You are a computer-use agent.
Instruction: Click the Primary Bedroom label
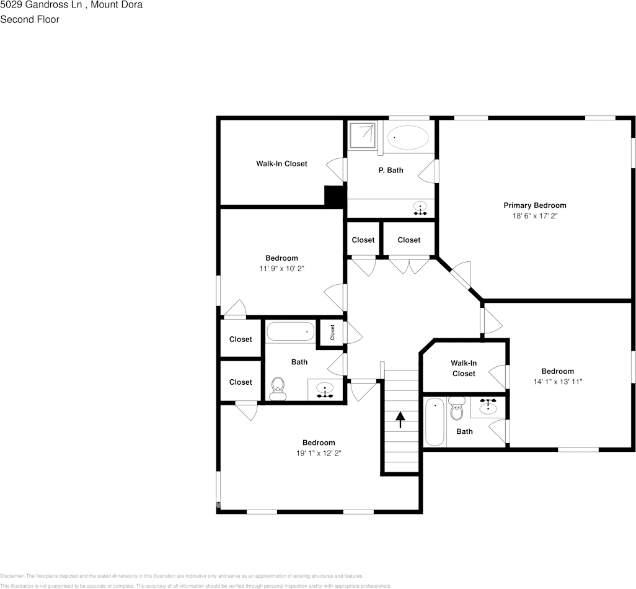(534, 205)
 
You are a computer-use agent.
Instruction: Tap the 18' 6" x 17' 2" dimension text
(534, 216)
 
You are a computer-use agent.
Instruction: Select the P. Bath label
(391, 170)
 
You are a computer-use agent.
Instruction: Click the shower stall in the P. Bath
(362, 135)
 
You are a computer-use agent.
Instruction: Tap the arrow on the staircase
(400, 420)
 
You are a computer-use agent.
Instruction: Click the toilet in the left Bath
(278, 387)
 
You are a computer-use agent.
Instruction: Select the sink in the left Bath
(325, 390)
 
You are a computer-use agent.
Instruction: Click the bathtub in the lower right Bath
(435, 423)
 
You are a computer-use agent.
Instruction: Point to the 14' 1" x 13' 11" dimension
(557, 382)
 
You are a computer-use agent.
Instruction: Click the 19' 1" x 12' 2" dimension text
(319, 453)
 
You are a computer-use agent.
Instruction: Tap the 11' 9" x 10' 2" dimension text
(281, 269)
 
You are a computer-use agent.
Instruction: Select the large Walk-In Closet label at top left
(281, 164)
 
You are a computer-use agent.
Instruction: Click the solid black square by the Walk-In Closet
(335, 196)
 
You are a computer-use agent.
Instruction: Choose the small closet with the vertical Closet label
(332, 333)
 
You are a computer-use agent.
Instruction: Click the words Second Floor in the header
(30, 19)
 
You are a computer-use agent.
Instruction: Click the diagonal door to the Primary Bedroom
(460, 276)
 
